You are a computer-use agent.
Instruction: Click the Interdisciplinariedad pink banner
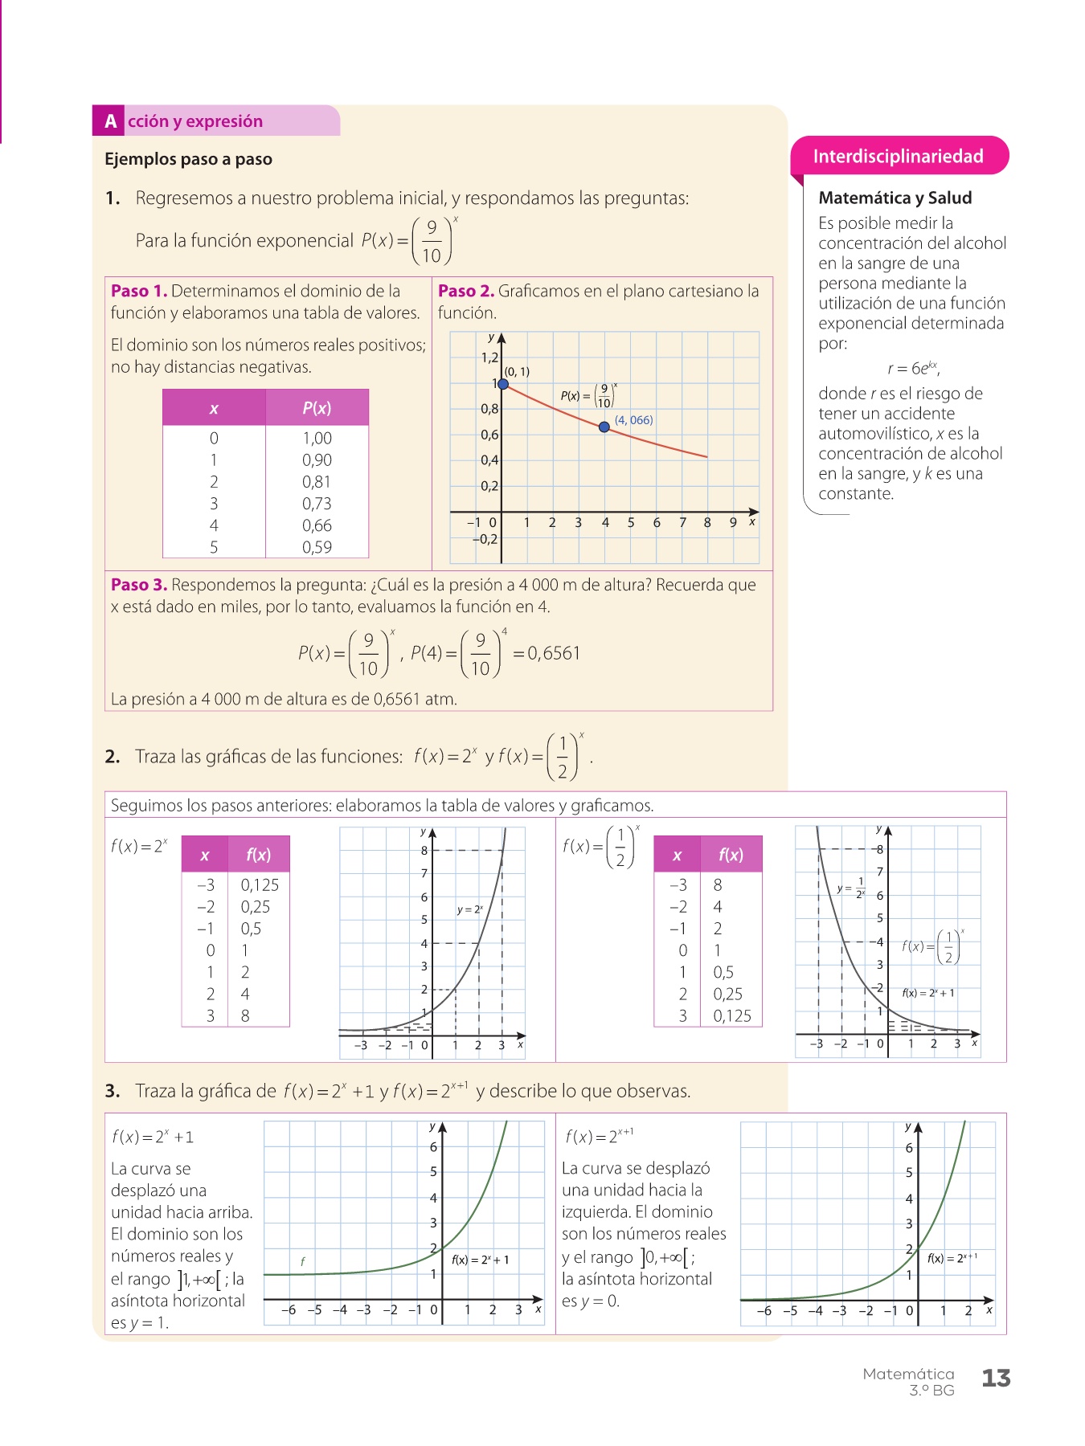click(898, 156)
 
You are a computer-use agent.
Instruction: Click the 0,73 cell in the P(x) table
click(317, 504)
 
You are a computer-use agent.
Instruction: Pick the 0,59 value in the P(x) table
click(317, 547)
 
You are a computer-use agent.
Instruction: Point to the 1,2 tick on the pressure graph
click(489, 357)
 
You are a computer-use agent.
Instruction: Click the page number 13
click(996, 1379)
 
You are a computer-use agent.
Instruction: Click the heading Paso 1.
click(139, 291)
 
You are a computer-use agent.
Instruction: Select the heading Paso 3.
click(139, 585)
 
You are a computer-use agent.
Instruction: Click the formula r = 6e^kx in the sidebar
click(913, 369)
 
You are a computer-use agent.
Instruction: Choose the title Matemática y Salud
click(895, 198)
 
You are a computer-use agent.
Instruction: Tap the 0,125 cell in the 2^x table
click(260, 884)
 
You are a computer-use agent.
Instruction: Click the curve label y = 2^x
click(469, 909)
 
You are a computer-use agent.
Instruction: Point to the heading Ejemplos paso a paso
click(188, 159)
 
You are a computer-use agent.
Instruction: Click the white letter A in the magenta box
click(110, 121)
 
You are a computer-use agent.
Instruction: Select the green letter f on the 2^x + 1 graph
click(302, 1261)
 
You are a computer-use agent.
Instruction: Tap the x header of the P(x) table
click(214, 408)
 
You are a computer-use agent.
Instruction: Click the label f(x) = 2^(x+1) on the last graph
click(952, 1258)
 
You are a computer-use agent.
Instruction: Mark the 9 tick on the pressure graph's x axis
click(733, 522)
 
